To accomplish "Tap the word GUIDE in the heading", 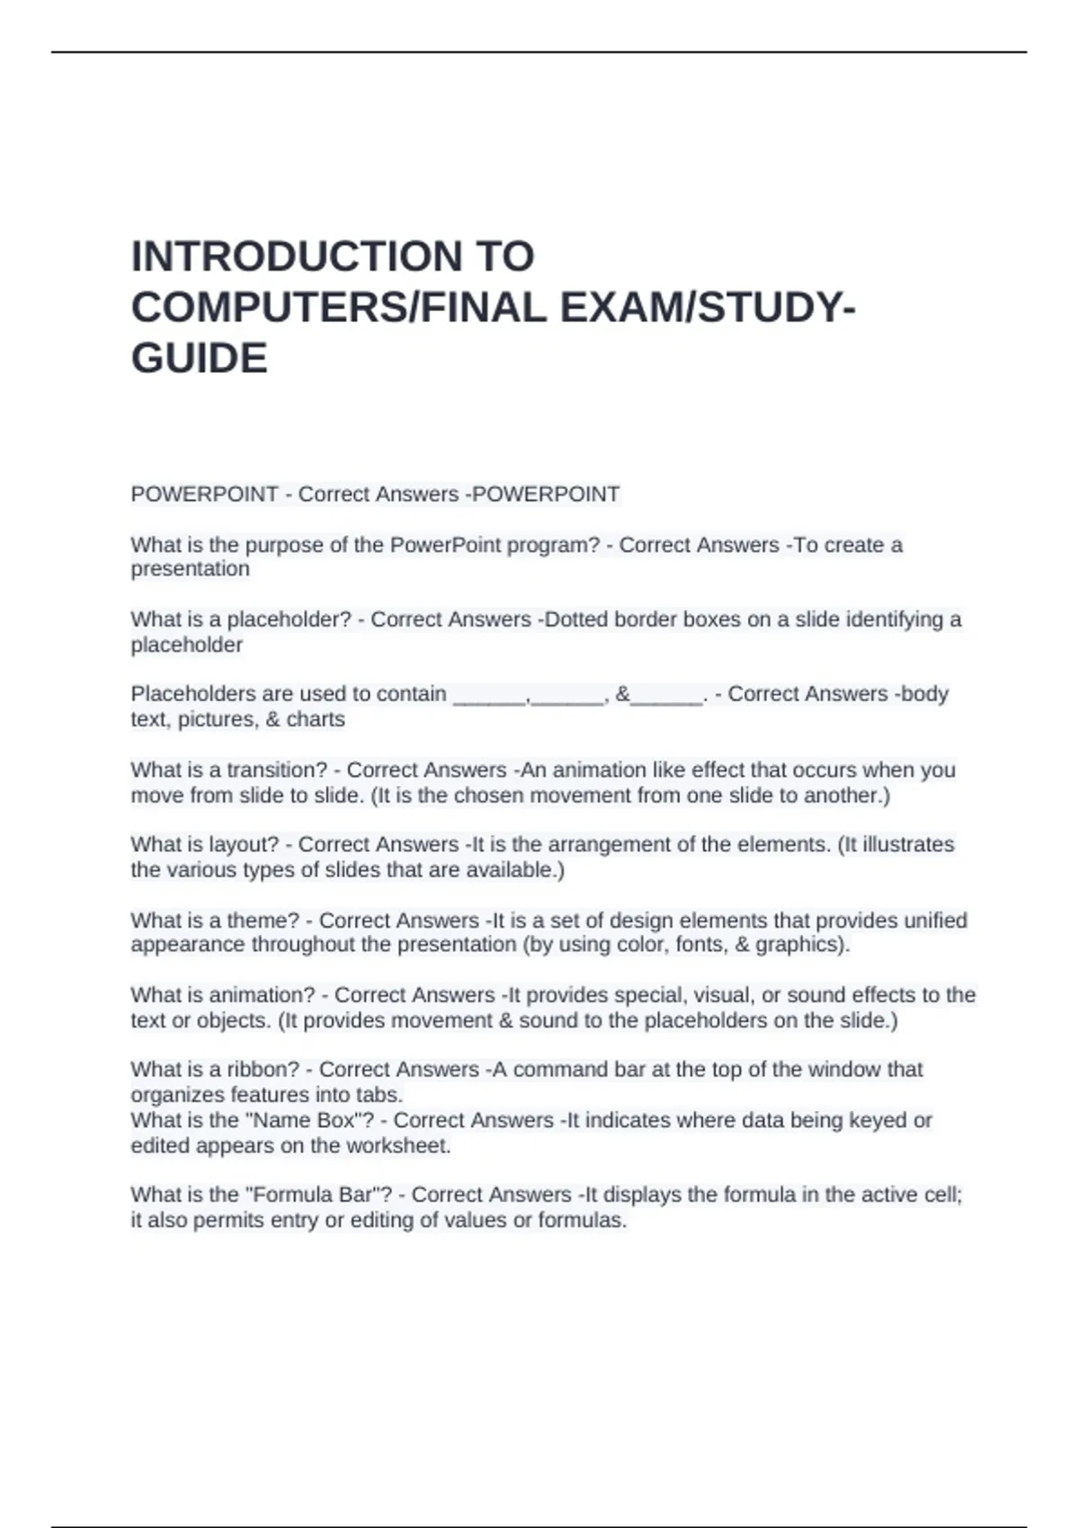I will pos(200,358).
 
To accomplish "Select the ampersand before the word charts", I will pos(273,719).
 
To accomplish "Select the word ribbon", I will pos(263,1070).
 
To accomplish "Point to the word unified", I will pos(932,920).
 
